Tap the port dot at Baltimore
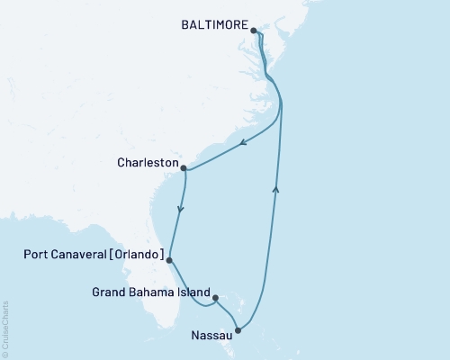(x=254, y=31)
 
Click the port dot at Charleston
(x=184, y=167)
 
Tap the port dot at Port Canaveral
(x=169, y=259)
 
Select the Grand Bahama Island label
(x=151, y=292)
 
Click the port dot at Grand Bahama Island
(x=214, y=292)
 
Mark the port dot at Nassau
(x=238, y=330)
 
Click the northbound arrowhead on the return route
(x=275, y=187)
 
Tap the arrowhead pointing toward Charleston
(x=244, y=142)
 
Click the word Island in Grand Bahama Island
(x=193, y=292)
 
